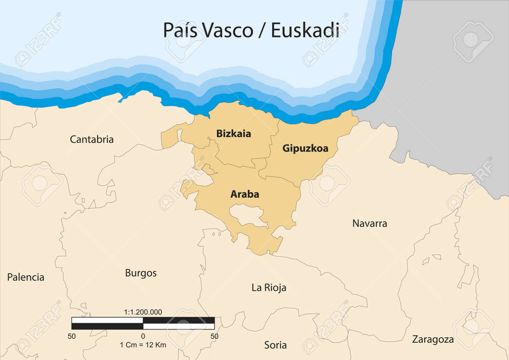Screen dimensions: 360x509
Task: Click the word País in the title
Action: tap(179, 31)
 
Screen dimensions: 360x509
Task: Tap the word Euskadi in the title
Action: tap(305, 31)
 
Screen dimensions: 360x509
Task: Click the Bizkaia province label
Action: tap(234, 134)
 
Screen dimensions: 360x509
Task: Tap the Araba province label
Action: tap(245, 194)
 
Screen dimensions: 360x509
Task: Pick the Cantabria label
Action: tap(92, 139)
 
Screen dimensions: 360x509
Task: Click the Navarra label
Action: tap(370, 223)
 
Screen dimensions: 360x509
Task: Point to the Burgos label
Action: tap(141, 273)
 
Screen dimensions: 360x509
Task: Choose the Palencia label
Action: tap(26, 277)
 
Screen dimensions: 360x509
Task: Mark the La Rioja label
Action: tap(269, 288)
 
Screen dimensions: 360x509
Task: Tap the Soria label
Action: tap(275, 345)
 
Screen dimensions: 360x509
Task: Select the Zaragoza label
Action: tap(433, 339)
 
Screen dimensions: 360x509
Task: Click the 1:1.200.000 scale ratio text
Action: tap(143, 312)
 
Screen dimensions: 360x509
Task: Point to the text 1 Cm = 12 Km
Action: tap(143, 345)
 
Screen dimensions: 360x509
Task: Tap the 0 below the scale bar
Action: tap(143, 336)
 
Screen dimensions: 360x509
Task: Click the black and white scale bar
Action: tap(143, 323)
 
